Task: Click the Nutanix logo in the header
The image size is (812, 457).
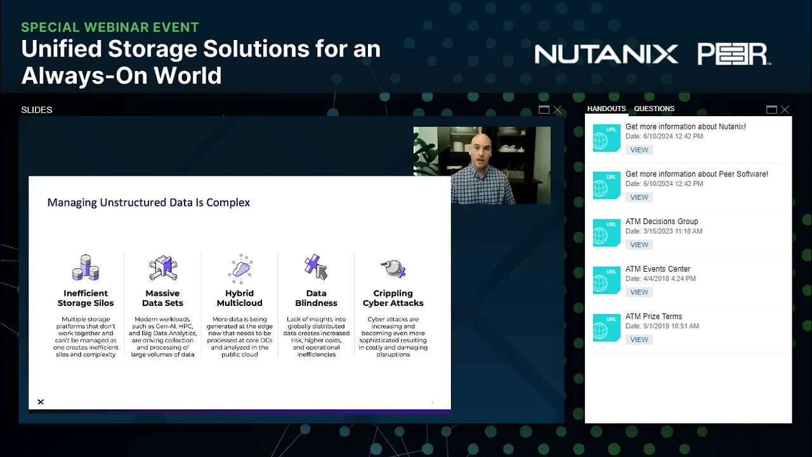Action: (606, 54)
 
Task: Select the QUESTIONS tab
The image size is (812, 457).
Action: (654, 109)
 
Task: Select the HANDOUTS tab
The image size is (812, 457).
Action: (606, 109)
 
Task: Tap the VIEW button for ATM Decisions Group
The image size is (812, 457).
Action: (639, 244)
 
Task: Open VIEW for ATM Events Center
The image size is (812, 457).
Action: (639, 292)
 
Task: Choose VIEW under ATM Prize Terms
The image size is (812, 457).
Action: (639, 340)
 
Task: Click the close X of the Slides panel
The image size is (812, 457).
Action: (557, 110)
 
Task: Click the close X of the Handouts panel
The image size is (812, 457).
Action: (785, 110)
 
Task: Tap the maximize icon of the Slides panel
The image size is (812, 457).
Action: (544, 110)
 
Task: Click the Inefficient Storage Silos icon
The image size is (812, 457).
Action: (86, 268)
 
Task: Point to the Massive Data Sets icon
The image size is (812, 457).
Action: (162, 268)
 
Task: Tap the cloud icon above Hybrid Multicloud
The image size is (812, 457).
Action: (240, 268)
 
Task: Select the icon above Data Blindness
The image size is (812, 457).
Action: (316, 267)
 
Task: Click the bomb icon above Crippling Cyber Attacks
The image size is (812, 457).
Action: (393, 268)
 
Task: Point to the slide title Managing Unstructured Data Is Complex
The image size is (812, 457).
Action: (148, 202)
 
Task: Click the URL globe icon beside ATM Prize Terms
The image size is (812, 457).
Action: (606, 328)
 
